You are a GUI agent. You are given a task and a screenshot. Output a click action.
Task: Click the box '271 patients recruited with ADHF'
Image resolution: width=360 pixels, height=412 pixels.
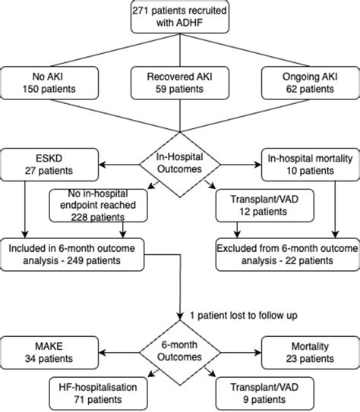pyautogui.click(x=179, y=17)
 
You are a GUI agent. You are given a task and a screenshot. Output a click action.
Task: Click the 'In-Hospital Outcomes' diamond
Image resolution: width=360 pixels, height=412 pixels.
pyautogui.click(x=179, y=162)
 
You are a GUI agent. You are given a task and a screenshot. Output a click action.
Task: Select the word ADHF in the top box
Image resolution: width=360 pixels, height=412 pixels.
pyautogui.click(x=195, y=24)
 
